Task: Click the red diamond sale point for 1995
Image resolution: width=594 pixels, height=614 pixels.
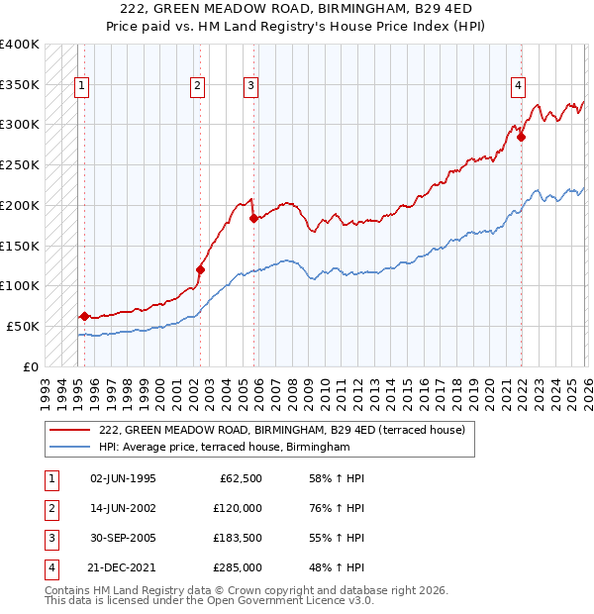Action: click(x=84, y=316)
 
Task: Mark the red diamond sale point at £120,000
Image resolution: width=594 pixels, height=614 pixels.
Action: click(x=200, y=269)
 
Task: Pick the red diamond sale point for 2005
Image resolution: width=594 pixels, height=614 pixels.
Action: click(x=253, y=218)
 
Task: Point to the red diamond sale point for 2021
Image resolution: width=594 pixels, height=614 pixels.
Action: click(x=521, y=137)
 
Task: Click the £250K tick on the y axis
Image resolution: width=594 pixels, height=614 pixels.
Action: click(x=20, y=164)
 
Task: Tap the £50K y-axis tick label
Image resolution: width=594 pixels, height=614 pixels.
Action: click(x=23, y=326)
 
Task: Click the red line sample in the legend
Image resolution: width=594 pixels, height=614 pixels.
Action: click(x=70, y=430)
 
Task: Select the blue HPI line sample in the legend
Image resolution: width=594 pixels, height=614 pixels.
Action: click(x=70, y=448)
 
